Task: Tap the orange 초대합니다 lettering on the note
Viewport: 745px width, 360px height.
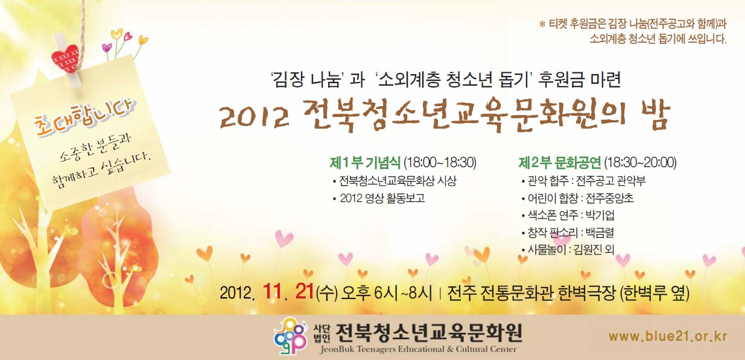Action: (85, 118)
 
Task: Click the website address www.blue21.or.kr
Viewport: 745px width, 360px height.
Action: (668, 336)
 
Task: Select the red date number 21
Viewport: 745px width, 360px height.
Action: (304, 291)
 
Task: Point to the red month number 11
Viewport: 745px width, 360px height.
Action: (271, 291)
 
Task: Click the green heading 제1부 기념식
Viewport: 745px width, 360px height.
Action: (365, 162)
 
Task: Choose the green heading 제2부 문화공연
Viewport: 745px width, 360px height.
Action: (560, 162)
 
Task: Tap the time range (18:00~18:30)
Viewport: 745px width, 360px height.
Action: (440, 162)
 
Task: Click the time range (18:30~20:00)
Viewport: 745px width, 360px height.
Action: (640, 162)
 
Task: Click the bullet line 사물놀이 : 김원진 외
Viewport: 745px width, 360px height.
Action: (568, 249)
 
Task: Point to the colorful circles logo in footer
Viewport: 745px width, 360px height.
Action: (290, 335)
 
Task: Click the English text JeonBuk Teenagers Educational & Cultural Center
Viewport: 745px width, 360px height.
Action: (419, 349)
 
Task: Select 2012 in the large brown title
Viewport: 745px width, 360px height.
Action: (255, 118)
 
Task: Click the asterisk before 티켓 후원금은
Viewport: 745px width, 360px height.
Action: (542, 24)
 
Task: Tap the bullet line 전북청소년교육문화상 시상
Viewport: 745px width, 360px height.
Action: (395, 181)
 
